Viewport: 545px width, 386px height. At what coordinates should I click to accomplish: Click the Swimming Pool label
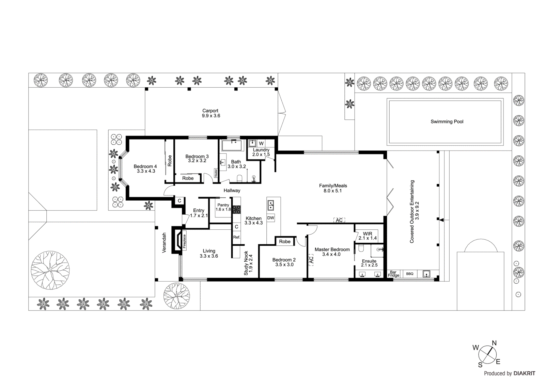coord(447,121)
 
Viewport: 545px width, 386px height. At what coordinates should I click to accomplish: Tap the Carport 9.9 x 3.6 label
coord(211,113)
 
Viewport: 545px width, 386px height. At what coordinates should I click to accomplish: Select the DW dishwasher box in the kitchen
coord(270,218)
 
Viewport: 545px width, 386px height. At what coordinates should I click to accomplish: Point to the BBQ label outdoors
coord(409,274)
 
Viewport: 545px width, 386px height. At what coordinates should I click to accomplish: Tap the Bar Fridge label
coord(393,274)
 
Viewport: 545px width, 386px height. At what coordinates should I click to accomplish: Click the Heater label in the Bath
coord(216,173)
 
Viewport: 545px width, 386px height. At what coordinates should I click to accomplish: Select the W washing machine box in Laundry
coord(261,143)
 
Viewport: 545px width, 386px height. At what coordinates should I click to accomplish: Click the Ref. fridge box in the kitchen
coord(236,237)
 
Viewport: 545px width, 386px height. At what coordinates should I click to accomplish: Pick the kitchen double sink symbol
coord(271,205)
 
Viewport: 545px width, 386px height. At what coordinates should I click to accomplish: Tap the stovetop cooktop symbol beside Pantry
coord(236,209)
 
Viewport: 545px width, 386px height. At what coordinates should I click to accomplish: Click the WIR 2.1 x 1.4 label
coord(368,236)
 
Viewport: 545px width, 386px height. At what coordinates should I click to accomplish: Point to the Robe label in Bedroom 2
coord(285,241)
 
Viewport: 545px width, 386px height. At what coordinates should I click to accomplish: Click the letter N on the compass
coord(494,343)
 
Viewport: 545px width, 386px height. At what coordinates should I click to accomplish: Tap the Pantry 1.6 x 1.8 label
coord(223,207)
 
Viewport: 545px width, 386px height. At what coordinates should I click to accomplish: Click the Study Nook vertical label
coord(248,263)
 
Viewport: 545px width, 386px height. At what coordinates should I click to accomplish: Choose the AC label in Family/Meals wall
coord(339,220)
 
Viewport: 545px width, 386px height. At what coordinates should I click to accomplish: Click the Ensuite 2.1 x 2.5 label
coord(369,263)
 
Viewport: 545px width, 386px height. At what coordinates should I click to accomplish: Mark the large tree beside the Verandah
coord(50,270)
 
